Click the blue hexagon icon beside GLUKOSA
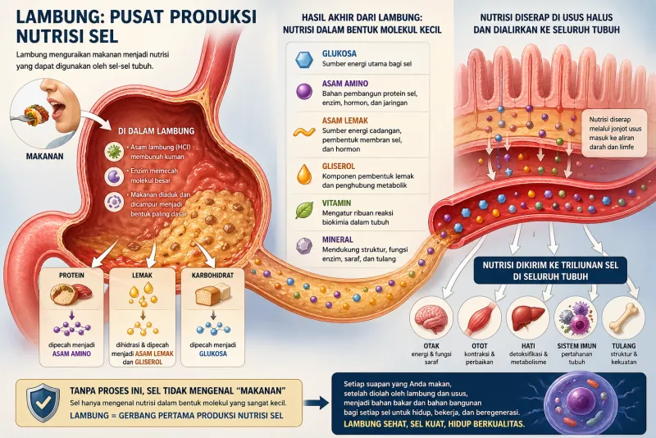click(304, 59)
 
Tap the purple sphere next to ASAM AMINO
click(304, 91)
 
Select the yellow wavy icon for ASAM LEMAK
click(304, 132)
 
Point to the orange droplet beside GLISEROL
click(304, 174)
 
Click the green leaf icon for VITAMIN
click(304, 210)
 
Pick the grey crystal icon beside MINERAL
click(304, 246)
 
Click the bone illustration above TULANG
click(624, 317)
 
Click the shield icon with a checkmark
click(43, 403)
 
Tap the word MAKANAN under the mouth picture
click(45, 156)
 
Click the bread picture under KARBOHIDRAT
click(213, 294)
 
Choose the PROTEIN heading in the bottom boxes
click(71, 276)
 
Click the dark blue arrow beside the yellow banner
click(316, 403)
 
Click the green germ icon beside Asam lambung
click(114, 152)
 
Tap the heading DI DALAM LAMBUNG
click(157, 131)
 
